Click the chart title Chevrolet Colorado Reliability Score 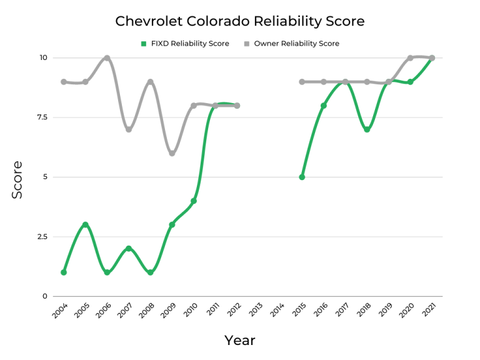pos(240,21)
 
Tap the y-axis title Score pos(17,180)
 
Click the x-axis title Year pos(240,341)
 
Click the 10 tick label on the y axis pos(43,58)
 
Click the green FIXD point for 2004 pos(64,272)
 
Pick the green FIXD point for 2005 pos(86,225)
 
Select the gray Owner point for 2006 pos(107,58)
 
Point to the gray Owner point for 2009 pos(172,153)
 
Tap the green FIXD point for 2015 pos(302,177)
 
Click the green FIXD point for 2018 pos(367,129)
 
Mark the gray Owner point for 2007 pos(129,129)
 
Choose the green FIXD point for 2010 pos(194,201)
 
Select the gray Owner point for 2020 pos(410,58)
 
